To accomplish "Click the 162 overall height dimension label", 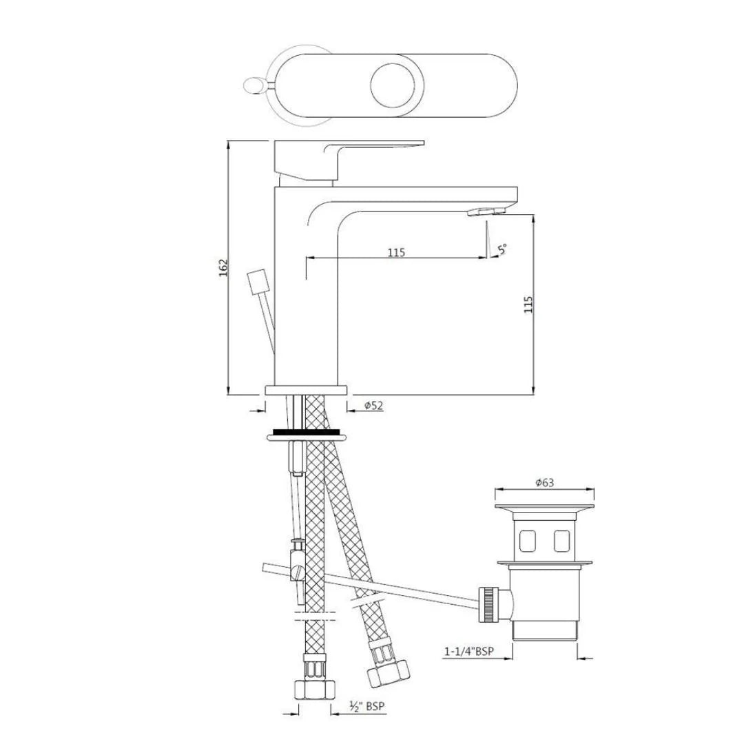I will point(223,268).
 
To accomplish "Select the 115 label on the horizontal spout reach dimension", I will point(395,252).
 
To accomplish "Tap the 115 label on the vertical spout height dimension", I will point(528,304).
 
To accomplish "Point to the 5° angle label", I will point(503,249).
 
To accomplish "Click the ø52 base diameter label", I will point(373,406).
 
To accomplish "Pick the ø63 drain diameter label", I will point(544,483).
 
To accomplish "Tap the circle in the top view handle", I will point(393,86).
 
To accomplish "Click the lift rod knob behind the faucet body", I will point(256,282).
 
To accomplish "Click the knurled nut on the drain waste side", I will point(490,603).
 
